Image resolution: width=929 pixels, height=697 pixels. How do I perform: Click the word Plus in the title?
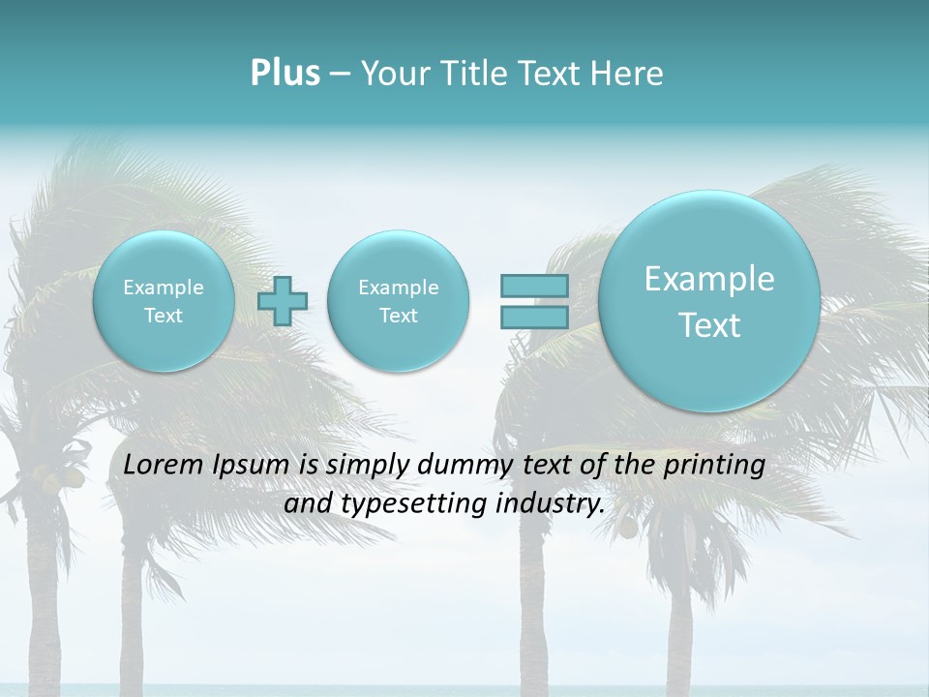pyautogui.click(x=285, y=74)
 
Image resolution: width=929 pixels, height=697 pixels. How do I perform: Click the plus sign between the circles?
pyautogui.click(x=283, y=301)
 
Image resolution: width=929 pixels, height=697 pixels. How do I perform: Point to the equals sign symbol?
pyautogui.click(x=534, y=301)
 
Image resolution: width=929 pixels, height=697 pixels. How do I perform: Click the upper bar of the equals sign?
pyautogui.click(x=534, y=286)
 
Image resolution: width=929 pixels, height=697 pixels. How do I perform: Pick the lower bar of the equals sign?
pyautogui.click(x=534, y=317)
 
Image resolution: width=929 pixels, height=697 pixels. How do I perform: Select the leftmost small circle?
pyautogui.click(x=164, y=301)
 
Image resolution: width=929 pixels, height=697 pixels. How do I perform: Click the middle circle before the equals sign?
pyautogui.click(x=398, y=301)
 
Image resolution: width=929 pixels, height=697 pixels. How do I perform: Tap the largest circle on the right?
pyautogui.click(x=709, y=301)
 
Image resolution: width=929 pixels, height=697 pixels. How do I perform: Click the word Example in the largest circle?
pyautogui.click(x=709, y=279)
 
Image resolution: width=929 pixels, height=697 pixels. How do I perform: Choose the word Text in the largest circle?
pyautogui.click(x=709, y=325)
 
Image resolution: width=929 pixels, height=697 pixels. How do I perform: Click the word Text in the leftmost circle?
pyautogui.click(x=164, y=316)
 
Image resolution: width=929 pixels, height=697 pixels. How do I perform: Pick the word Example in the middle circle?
pyautogui.click(x=398, y=288)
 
